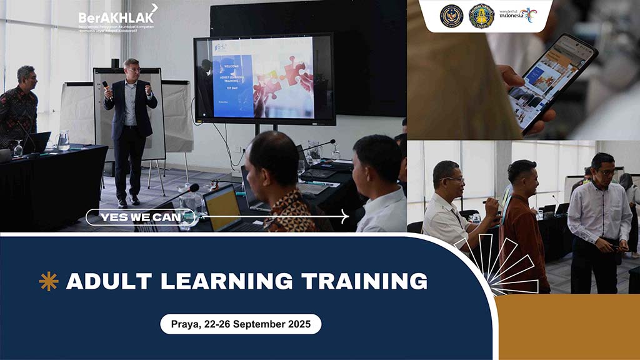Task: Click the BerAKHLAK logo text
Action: (116, 17)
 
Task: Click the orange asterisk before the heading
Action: (48, 282)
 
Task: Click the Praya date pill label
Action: (241, 324)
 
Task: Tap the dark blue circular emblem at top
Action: (451, 16)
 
